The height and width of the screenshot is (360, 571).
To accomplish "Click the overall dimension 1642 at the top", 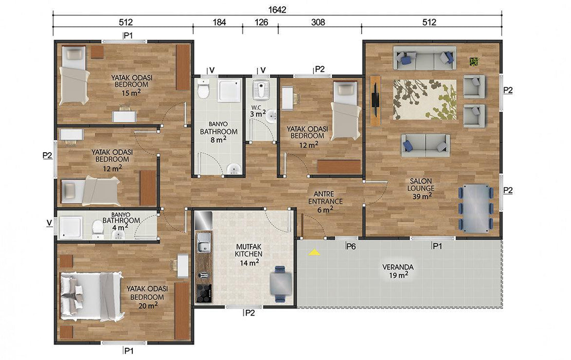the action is pos(277,9).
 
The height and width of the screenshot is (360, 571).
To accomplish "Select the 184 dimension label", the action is pos(219,22).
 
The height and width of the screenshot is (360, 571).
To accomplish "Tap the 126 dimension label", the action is pos(261,22).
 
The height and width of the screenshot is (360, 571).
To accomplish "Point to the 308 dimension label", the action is pos(318,22).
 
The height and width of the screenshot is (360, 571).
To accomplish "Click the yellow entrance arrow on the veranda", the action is pos(314,252).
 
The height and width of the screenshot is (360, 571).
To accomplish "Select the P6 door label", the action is pos(351,246).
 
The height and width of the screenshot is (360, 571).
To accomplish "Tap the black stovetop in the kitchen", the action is pos(204,293).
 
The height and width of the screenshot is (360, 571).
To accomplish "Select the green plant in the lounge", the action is pos(474,62).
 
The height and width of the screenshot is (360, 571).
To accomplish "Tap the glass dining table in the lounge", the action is pos(476,208).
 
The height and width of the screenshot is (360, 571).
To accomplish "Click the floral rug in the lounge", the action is pos(424,99).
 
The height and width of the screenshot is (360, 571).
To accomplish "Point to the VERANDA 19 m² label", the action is pos(398,271).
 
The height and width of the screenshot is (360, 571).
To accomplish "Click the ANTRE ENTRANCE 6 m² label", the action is pos(325,202).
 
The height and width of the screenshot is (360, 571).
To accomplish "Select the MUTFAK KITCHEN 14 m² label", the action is pos(249,254).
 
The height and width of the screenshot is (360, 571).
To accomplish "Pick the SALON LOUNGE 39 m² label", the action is pos(421,189).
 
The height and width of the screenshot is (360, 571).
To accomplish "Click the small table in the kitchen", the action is pos(280,283).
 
